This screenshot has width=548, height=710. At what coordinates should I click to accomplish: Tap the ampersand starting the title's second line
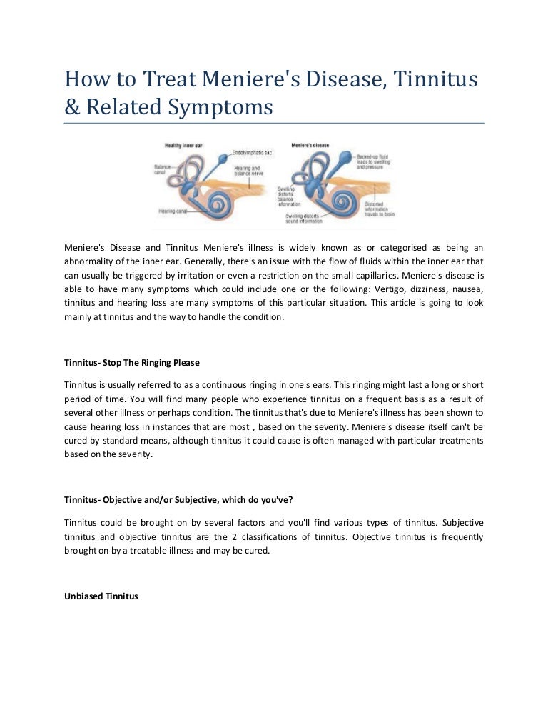(72, 107)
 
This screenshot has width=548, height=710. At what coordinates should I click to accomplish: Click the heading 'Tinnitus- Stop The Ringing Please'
(132, 363)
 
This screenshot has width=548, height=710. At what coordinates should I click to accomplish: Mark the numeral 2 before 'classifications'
(245, 536)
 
